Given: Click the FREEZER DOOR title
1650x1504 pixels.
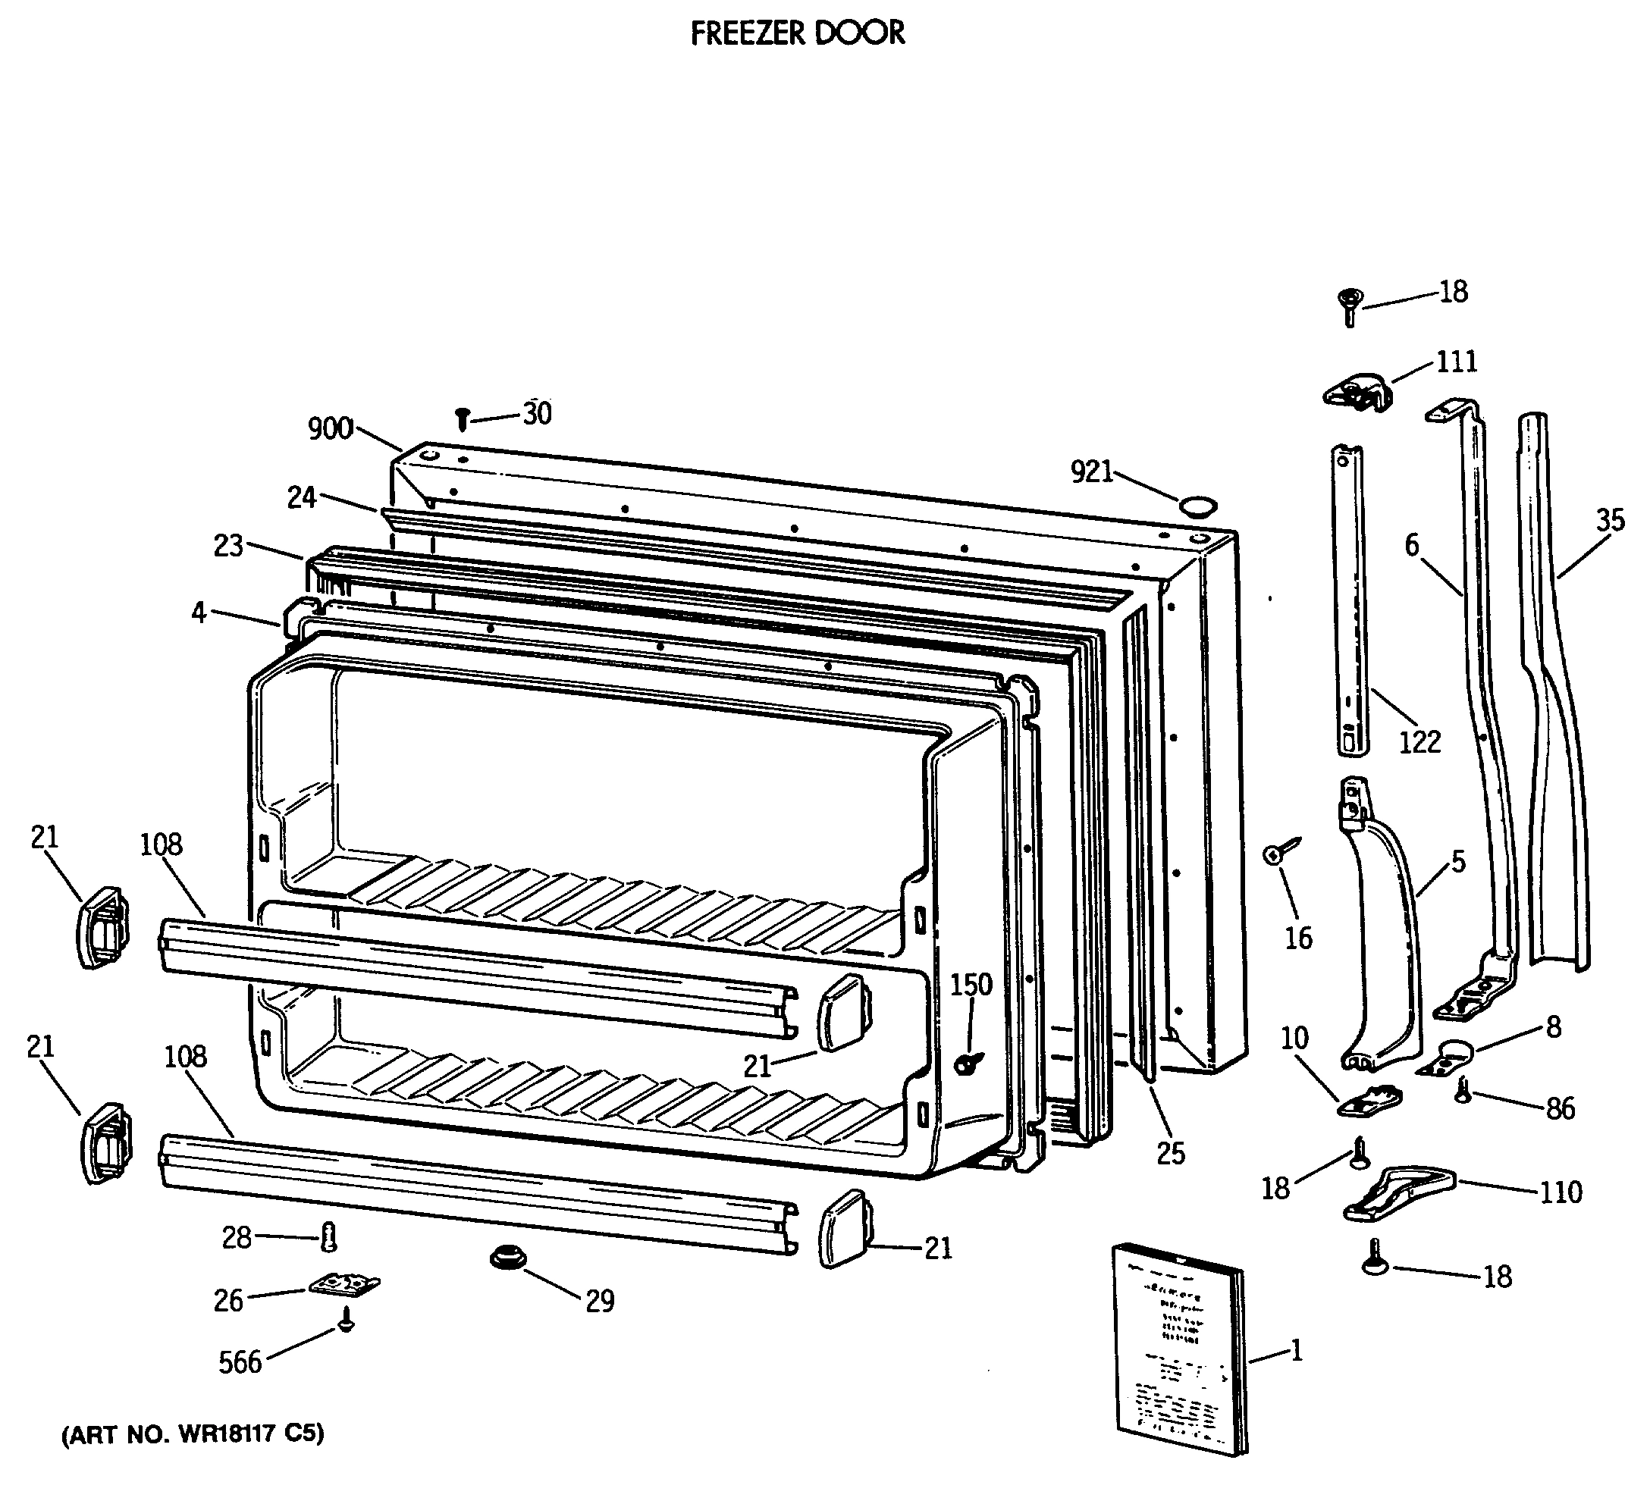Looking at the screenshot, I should [x=797, y=33].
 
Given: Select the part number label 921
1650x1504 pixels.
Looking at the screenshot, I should [x=1092, y=472].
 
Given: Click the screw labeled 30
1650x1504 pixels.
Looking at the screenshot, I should [x=463, y=419].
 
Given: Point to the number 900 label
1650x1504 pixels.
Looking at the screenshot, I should [x=330, y=429].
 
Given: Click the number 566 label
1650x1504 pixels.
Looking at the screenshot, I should [x=240, y=1362].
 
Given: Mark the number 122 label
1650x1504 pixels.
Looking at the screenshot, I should [x=1419, y=742].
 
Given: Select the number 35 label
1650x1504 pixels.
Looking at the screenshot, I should [x=1610, y=521].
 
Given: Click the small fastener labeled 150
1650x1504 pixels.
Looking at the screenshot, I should [x=968, y=1063].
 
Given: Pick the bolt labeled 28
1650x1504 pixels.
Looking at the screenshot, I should [x=329, y=1236].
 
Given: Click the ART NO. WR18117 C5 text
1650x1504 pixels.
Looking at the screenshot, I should [x=193, y=1434].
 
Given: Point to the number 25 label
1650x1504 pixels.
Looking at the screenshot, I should [x=1170, y=1154].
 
